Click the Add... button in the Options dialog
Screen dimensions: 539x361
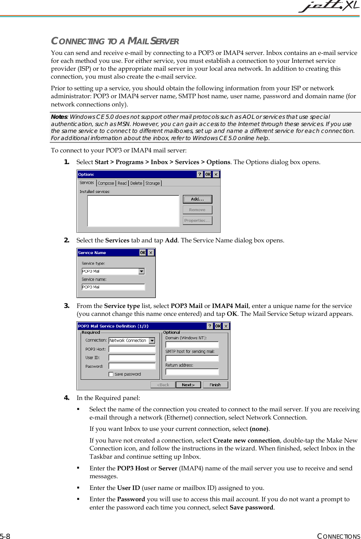(x=197, y=199)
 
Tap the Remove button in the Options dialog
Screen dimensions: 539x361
(x=197, y=210)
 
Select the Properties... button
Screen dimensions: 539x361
(x=197, y=220)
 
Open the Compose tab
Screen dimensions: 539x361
(x=106, y=183)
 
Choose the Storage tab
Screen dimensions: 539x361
(x=152, y=183)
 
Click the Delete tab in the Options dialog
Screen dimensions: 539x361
(x=136, y=183)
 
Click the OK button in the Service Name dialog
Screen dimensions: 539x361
(x=142, y=253)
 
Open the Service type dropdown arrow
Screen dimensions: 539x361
(x=141, y=271)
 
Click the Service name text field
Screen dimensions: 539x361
(x=113, y=287)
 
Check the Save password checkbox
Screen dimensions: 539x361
(x=111, y=374)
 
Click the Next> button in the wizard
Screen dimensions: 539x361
(x=188, y=385)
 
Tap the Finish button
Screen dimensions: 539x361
(x=215, y=385)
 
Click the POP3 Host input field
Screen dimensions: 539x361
(x=132, y=349)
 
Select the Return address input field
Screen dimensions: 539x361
(x=192, y=372)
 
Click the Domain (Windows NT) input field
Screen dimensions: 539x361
(x=192, y=345)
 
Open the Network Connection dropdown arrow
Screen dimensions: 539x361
(x=152, y=341)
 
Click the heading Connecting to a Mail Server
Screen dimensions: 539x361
(x=115, y=41)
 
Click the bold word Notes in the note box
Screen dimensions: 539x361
(x=58, y=117)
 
